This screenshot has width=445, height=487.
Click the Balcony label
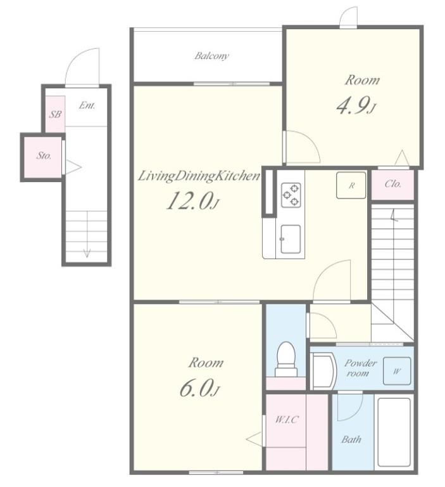[x=212, y=56]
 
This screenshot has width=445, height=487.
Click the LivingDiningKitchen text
[x=199, y=176]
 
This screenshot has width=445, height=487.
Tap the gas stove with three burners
[x=291, y=195]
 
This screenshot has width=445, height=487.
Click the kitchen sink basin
[x=291, y=239]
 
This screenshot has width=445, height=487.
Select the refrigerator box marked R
[x=351, y=185]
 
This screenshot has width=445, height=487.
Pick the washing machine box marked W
[x=397, y=371]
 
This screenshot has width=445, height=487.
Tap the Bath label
[x=351, y=439]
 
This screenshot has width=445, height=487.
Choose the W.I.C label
[x=287, y=420]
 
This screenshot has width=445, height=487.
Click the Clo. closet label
[x=393, y=184]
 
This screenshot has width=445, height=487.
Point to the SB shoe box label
[x=55, y=114]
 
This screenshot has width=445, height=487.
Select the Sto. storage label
[x=44, y=155]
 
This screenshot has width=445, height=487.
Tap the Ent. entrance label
[x=87, y=105]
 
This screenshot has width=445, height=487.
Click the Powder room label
[x=360, y=368]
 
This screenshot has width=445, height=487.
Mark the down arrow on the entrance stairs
[x=87, y=234]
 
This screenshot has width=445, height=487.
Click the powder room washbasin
[x=323, y=371]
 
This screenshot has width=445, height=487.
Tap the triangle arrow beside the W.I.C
[x=254, y=439]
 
